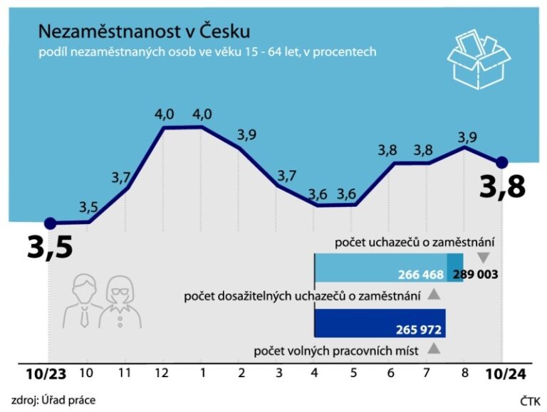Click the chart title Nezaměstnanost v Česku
point(144,31)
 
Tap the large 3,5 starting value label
point(51,247)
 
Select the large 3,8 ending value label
point(502,187)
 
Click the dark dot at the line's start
point(50,223)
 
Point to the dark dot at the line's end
point(501,162)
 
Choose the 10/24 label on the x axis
point(507,373)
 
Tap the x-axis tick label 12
point(165,372)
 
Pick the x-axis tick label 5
point(353,372)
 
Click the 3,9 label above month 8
point(467,136)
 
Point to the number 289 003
point(475,274)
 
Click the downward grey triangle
point(484,258)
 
